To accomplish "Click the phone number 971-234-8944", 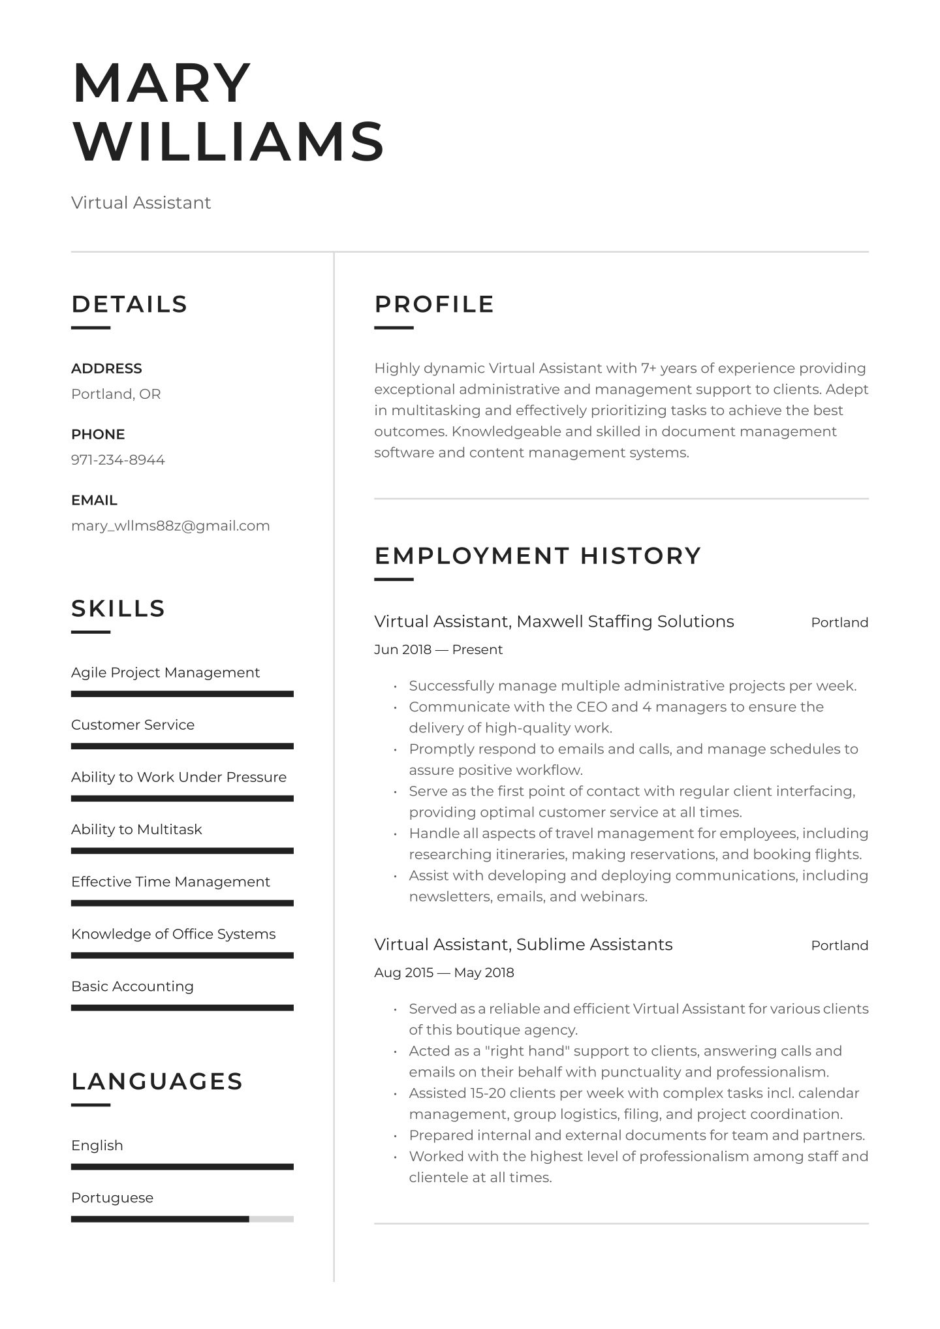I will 117,460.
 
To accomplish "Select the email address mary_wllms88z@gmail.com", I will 170,525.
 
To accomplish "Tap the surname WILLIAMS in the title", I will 228,142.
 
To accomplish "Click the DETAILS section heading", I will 129,304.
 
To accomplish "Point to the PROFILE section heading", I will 434,304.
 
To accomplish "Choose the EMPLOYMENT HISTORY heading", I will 537,555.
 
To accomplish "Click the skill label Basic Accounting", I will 133,986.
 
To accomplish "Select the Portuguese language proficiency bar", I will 182,1219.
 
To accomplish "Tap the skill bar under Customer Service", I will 182,746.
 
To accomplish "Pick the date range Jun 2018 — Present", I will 438,649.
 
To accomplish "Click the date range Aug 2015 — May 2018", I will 444,973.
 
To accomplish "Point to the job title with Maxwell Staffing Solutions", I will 554,621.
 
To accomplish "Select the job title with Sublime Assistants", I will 523,945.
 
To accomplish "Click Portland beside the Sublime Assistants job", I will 839,945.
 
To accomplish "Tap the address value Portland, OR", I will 116,394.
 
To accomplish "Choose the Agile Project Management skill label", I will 165,672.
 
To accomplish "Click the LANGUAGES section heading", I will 157,1081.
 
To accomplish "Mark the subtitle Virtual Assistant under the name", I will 141,202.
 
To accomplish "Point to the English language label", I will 97,1145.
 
